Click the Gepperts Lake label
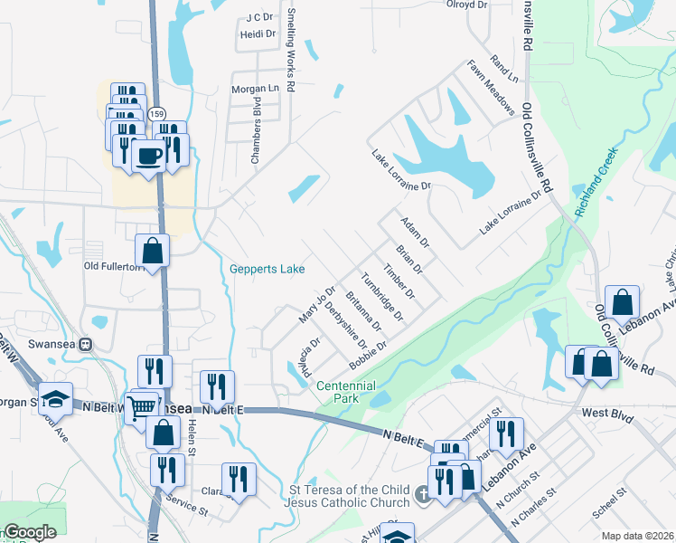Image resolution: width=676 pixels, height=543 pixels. click(x=267, y=269)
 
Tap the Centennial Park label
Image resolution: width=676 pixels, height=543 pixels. click(x=339, y=392)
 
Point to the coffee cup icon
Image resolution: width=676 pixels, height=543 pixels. click(x=148, y=156)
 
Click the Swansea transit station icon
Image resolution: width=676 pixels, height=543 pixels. click(x=87, y=344)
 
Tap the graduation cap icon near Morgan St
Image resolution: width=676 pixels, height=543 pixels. click(x=55, y=398)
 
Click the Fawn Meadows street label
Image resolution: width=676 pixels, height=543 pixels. click(x=491, y=89)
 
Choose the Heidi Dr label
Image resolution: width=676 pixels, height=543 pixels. click(x=258, y=33)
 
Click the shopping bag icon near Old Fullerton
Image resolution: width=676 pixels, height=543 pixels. click(x=153, y=252)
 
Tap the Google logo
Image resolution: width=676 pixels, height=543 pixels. click(x=30, y=532)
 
